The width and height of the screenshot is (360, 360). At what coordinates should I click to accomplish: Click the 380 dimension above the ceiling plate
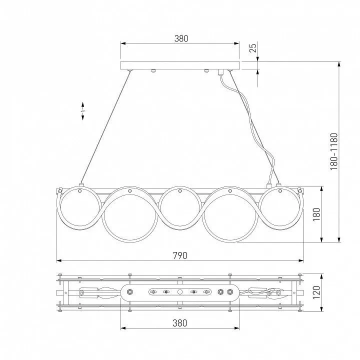click(x=181, y=38)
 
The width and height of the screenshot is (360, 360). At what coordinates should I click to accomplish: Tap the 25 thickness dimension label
click(x=253, y=48)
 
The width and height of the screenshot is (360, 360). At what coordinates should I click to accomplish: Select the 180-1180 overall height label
click(x=334, y=151)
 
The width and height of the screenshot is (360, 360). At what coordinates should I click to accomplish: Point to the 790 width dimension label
click(x=180, y=255)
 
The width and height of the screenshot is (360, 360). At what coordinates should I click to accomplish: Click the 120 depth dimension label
click(x=316, y=292)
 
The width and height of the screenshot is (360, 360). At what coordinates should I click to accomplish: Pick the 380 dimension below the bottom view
click(x=180, y=323)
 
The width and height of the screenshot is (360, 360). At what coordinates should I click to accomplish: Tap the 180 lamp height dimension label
click(x=316, y=214)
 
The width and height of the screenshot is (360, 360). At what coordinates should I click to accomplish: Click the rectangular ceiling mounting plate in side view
click(x=180, y=65)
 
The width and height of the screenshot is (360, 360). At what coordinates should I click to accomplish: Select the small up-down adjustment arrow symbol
click(x=82, y=111)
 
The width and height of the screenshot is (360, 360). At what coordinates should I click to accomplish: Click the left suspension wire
click(x=105, y=127)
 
